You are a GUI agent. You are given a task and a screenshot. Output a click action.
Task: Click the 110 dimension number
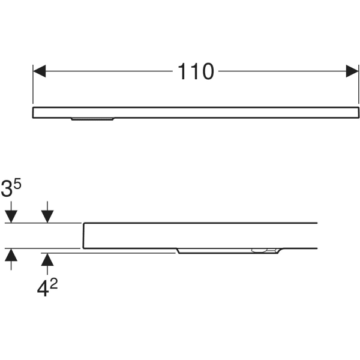click(x=196, y=71)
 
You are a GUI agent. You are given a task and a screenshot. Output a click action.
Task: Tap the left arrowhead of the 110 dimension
click(x=39, y=71)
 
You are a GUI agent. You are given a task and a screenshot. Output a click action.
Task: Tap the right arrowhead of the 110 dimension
click(x=352, y=71)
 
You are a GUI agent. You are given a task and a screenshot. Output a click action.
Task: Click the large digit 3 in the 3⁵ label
click(x=7, y=188)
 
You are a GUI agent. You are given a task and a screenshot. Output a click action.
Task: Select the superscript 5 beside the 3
click(x=17, y=184)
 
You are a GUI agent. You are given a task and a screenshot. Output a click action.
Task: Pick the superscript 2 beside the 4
click(x=53, y=284)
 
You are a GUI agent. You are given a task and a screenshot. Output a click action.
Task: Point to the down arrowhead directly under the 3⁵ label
click(x=11, y=217)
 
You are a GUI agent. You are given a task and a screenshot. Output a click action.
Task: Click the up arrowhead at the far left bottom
click(x=11, y=255)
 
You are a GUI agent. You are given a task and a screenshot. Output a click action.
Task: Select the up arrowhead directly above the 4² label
click(x=47, y=259)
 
